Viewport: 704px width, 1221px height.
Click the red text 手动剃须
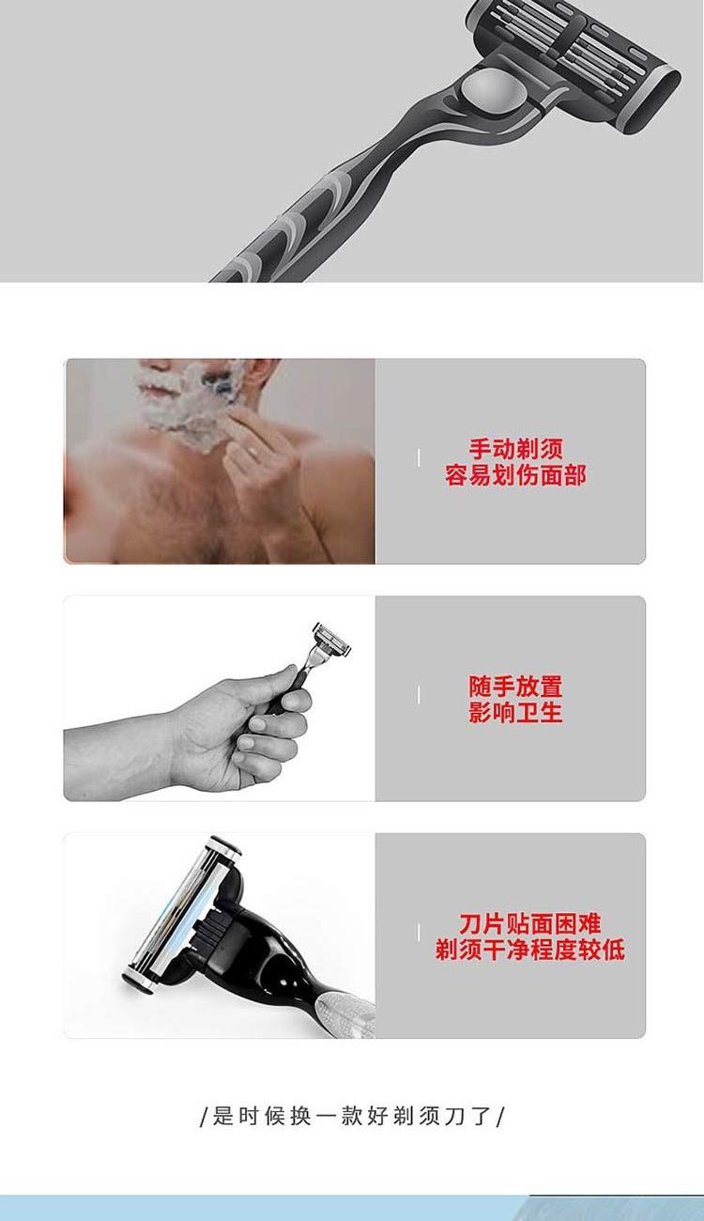tap(515, 449)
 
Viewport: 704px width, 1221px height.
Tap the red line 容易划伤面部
tap(515, 474)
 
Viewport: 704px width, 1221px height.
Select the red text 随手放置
tap(515, 687)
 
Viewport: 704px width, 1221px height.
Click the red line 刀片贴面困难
tap(529, 923)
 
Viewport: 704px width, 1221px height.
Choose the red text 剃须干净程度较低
tap(529, 950)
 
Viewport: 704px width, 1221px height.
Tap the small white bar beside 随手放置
tap(419, 694)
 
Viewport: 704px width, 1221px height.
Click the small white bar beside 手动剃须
tap(419, 458)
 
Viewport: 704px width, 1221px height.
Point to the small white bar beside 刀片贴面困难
tap(419, 932)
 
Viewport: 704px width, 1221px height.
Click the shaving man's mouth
tap(154, 388)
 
